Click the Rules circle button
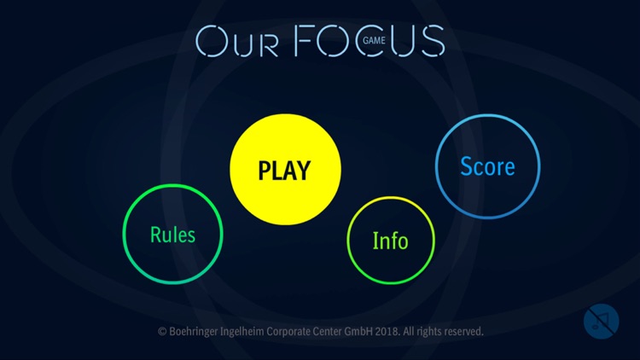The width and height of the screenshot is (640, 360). [172, 235]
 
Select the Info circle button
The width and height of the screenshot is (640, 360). [390, 241]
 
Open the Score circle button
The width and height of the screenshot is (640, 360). [487, 165]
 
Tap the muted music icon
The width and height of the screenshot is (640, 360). [601, 322]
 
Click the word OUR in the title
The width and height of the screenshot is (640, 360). [238, 41]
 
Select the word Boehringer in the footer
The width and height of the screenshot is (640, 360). [195, 331]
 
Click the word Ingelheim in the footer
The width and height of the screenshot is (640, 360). [251, 331]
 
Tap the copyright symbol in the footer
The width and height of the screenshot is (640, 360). [161, 331]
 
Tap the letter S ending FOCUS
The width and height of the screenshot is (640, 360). [432, 41]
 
